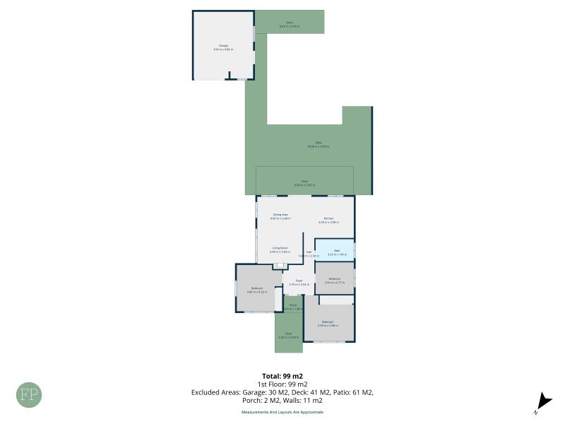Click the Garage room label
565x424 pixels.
pyautogui.click(x=223, y=46)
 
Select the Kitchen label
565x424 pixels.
pyautogui.click(x=328, y=218)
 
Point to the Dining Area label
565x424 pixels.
pyautogui.click(x=280, y=215)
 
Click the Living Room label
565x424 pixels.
pyautogui.click(x=280, y=248)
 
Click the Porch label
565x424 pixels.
pyautogui.click(x=292, y=306)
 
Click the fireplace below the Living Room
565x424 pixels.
pyautogui.click(x=280, y=266)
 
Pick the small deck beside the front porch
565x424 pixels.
pyautogui.click(x=288, y=336)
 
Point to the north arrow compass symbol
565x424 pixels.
pyautogui.click(x=540, y=401)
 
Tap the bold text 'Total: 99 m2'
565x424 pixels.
pyautogui.click(x=282, y=376)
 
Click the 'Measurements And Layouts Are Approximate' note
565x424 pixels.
pyautogui.click(x=282, y=411)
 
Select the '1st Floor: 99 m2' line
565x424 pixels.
pyautogui.click(x=282, y=384)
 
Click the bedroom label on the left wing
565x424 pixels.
pyautogui.click(x=257, y=288)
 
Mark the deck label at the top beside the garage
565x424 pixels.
pyautogui.click(x=289, y=23)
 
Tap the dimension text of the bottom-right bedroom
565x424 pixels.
pyautogui.click(x=328, y=326)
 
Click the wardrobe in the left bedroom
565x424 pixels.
pyautogui.click(x=278, y=299)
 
